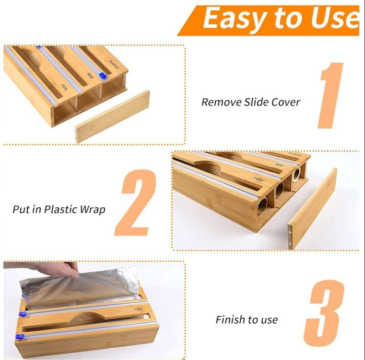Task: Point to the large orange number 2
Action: pyautogui.click(x=135, y=203)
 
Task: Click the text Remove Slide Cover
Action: pyautogui.click(x=251, y=102)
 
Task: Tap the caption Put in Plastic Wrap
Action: pyautogui.click(x=59, y=210)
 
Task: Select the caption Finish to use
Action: pyautogui.click(x=247, y=320)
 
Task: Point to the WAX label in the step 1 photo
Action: pyautogui.click(x=90, y=71)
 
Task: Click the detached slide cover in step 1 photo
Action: pyautogui.click(x=112, y=116)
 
